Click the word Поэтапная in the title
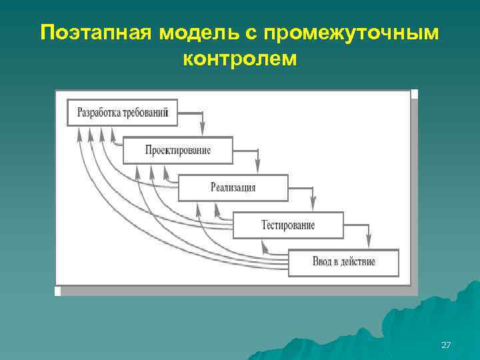coord(96,33)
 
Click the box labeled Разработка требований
coord(123,112)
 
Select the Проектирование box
coord(178,150)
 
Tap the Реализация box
coord(233,187)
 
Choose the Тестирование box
coord(288,225)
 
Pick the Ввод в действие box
coord(343,262)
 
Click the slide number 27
coord(446,345)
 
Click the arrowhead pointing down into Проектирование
coord(203,131)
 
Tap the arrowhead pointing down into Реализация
coord(259,169)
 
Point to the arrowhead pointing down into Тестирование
coord(314,207)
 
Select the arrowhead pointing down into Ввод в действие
coord(369,244)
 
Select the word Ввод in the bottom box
coord(322,262)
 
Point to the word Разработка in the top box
coord(98,112)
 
